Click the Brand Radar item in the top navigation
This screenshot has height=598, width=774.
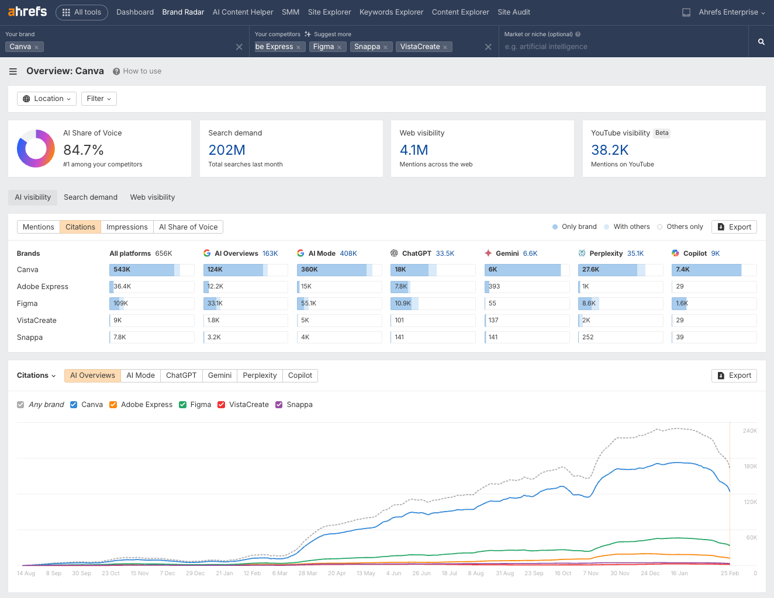[x=183, y=12]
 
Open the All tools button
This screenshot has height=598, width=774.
[x=82, y=12]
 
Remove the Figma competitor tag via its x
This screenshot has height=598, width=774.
[x=339, y=47]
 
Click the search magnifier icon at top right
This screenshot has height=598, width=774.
[x=761, y=41]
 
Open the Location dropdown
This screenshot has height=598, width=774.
[x=47, y=99]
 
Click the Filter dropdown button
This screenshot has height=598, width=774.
[x=99, y=99]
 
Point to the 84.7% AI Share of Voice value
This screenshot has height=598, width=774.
[x=84, y=150]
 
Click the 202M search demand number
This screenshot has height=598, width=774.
[x=227, y=150]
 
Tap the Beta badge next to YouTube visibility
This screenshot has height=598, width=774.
[x=662, y=133]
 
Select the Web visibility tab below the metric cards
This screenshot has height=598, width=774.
[x=153, y=197]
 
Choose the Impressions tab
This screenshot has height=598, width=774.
[x=127, y=227]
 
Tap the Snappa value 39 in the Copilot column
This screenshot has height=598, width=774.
[x=680, y=338]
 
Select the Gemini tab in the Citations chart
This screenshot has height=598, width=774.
[x=220, y=376]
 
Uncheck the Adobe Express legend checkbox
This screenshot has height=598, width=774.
[x=113, y=405]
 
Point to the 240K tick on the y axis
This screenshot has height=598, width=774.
[x=749, y=431]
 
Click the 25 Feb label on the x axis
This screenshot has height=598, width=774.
[x=730, y=573]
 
